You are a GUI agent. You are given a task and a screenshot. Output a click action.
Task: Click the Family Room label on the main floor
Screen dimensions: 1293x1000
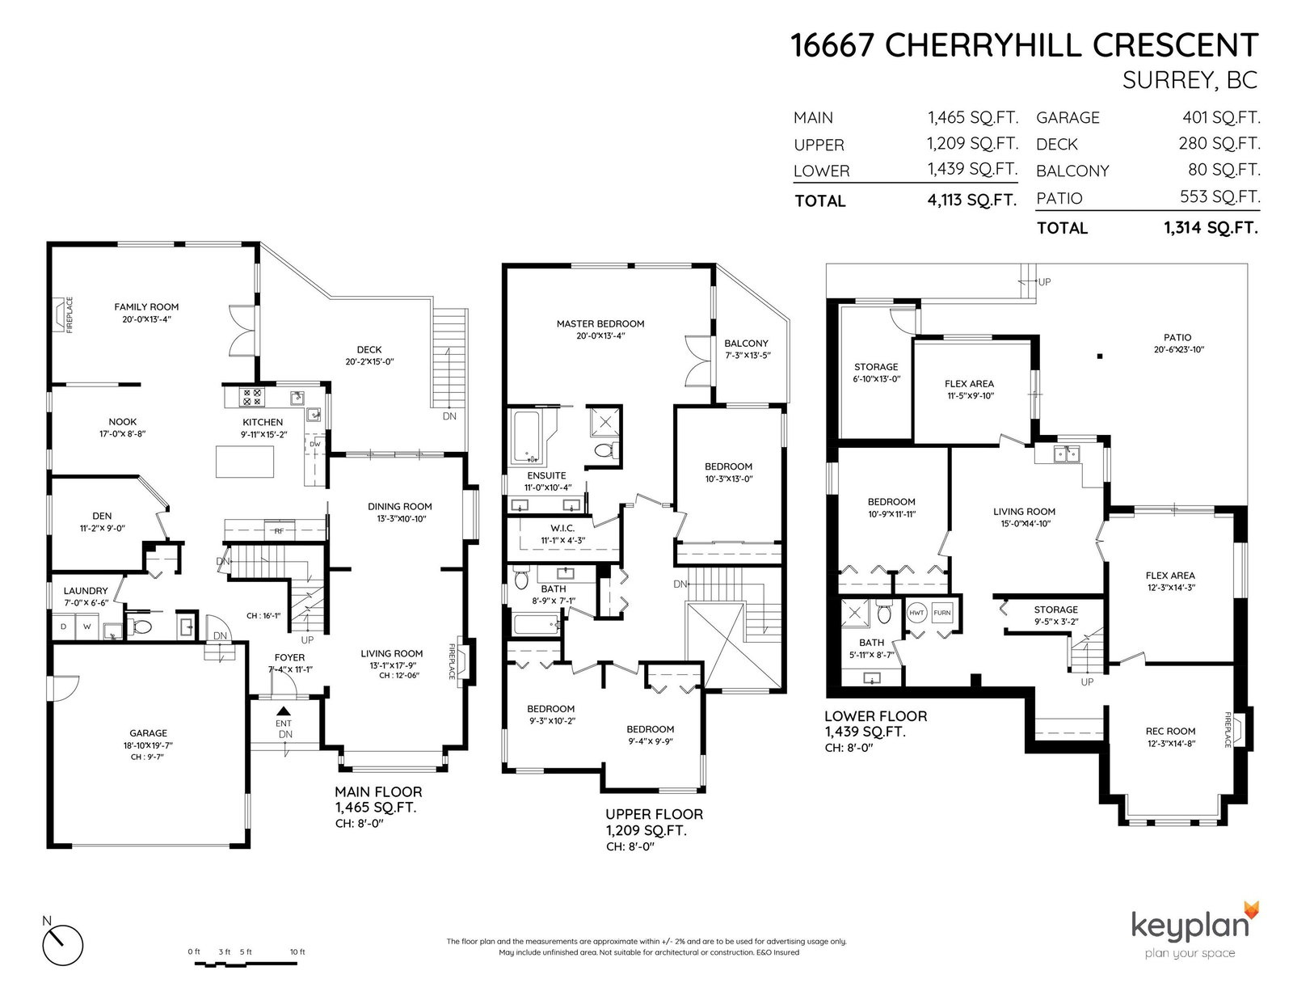pos(146,307)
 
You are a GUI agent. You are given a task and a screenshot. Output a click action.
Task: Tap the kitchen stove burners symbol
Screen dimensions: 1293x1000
pos(251,397)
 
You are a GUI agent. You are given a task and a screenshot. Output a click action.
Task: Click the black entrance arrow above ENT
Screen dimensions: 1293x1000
pos(284,711)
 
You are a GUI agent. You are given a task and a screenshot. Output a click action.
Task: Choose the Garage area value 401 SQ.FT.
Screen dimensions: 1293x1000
pos(1221,118)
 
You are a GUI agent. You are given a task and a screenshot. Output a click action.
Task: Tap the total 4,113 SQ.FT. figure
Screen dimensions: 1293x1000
pos(971,200)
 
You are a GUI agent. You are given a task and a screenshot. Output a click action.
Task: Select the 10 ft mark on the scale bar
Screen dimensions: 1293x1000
pos(297,951)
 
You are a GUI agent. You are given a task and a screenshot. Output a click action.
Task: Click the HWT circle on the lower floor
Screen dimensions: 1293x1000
pos(917,613)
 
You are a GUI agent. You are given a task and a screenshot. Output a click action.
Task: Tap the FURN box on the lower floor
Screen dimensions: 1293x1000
pos(942,613)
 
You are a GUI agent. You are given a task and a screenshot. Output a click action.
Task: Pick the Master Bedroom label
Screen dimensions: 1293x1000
pos(600,324)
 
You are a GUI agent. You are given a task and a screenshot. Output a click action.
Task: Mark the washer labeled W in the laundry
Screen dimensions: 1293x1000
pos(87,627)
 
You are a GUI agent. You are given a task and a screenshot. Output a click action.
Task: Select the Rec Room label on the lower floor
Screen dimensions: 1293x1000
pos(1170,732)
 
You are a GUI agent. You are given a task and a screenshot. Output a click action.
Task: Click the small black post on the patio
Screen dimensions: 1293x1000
pos(1100,357)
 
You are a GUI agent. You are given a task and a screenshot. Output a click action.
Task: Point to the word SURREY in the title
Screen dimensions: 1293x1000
pos(1166,80)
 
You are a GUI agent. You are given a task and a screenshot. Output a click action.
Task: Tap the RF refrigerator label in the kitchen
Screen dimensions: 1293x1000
pos(279,531)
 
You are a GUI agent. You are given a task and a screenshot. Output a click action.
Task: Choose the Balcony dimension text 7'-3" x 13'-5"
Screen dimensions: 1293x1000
pos(748,356)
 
